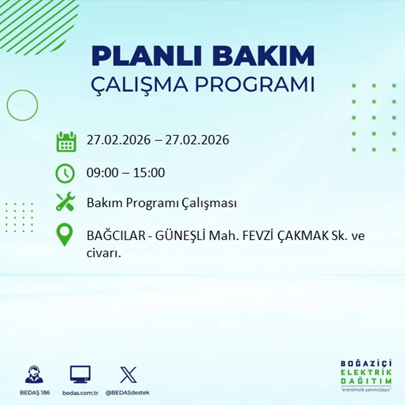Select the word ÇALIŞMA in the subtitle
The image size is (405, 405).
[140, 85]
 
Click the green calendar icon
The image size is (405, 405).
[66, 142]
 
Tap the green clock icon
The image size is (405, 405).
[65, 174]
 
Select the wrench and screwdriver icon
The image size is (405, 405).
[65, 202]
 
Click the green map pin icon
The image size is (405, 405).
[64, 234]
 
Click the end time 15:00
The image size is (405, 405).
[149, 173]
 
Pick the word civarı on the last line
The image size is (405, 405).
[104, 253]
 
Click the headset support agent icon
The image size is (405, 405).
[34, 375]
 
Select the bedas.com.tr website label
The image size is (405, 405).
[81, 393]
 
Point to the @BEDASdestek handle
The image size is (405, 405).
[127, 393]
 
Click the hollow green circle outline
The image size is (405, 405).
[22, 105]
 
